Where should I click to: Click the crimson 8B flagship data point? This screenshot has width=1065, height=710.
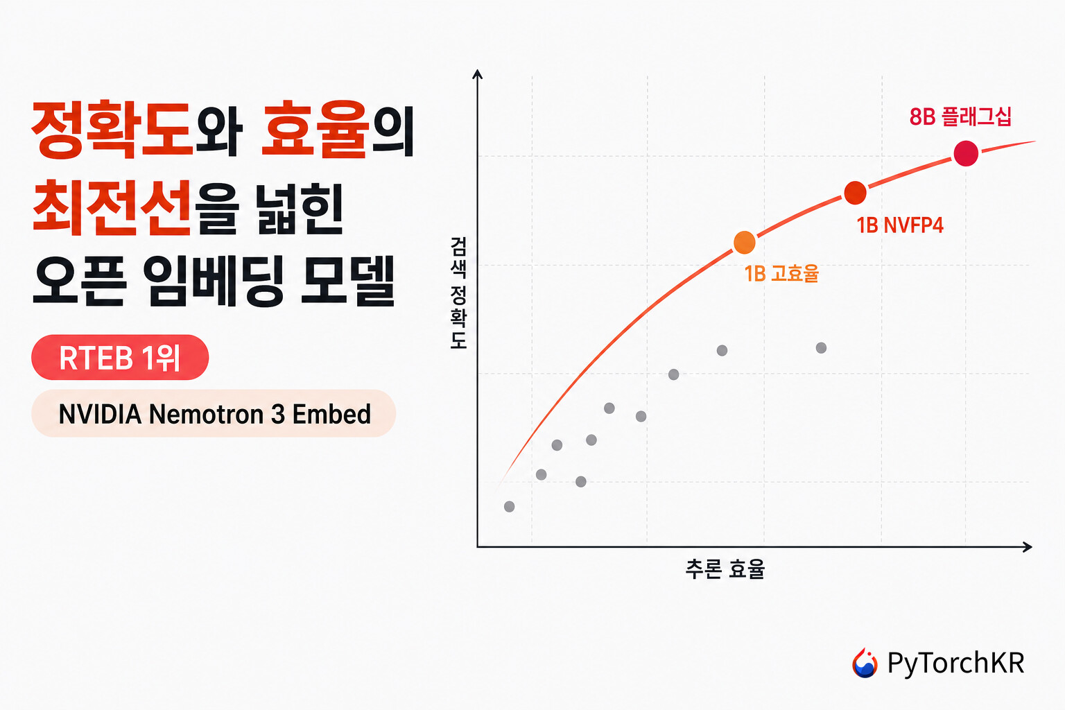pos(966,154)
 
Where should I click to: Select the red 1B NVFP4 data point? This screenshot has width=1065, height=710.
pos(855,193)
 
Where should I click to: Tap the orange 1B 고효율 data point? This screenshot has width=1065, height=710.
pos(744,243)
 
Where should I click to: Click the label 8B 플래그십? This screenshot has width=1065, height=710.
pos(960,117)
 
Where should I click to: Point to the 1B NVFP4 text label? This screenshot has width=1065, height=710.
pos(899,225)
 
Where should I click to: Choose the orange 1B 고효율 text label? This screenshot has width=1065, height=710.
pos(781,273)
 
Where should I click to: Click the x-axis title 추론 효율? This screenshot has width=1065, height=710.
pos(725,569)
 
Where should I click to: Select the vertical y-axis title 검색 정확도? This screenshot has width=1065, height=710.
pos(458,293)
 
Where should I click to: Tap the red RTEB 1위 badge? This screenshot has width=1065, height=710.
pos(120,357)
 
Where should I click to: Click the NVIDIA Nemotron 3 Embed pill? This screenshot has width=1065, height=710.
pos(214,413)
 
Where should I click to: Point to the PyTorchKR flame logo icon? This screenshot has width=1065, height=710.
pos(865,663)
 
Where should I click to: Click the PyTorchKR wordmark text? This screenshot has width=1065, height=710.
pos(955,663)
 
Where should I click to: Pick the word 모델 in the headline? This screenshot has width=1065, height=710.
pos(348,281)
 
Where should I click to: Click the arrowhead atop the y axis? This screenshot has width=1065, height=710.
pos(477,73)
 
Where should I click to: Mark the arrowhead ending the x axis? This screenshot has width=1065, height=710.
pos(1027,547)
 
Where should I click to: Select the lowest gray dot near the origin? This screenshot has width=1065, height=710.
pos(509,506)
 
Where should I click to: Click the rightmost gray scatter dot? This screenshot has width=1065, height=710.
pos(821,347)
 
